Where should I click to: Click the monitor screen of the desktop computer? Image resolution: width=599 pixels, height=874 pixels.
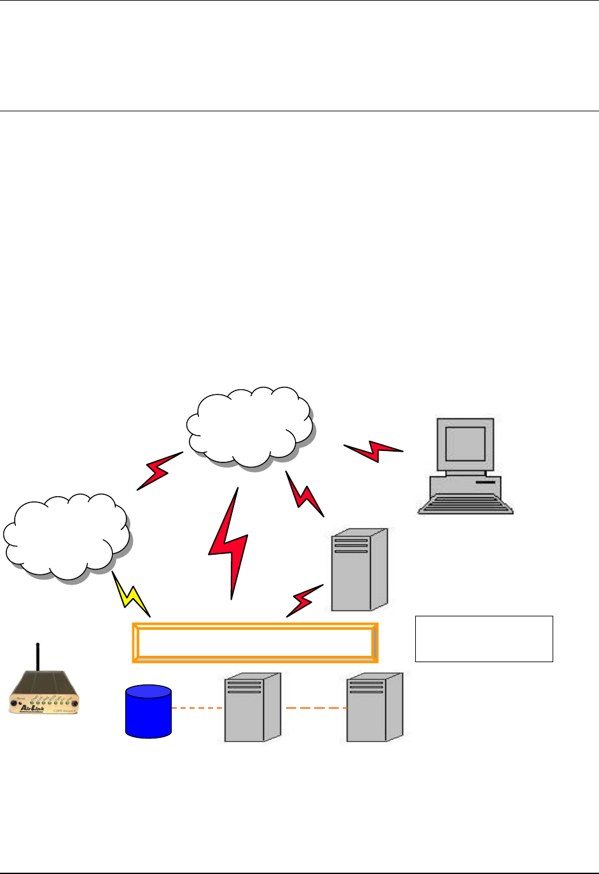coord(465,443)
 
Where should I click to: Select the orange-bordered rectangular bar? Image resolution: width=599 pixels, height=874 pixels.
coord(255,642)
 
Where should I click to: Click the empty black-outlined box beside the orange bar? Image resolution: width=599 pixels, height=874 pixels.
coord(484,639)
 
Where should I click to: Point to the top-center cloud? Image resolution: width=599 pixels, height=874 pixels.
coord(250,427)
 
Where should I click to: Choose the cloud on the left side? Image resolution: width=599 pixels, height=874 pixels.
coord(66,536)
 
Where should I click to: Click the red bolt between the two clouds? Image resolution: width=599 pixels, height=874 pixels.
coord(159,471)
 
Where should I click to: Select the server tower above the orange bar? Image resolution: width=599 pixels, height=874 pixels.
coord(359,569)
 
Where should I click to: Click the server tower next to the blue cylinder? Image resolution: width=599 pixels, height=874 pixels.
coord(252,707)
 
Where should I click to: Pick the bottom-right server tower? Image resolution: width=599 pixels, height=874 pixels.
coord(375,707)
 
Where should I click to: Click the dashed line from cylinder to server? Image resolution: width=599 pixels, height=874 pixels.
coord(198,708)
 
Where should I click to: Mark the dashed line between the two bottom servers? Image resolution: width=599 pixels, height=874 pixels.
coord(315,708)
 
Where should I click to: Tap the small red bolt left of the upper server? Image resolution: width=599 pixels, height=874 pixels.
coord(304,600)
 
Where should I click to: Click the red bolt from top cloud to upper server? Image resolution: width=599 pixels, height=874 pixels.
coord(304,494)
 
